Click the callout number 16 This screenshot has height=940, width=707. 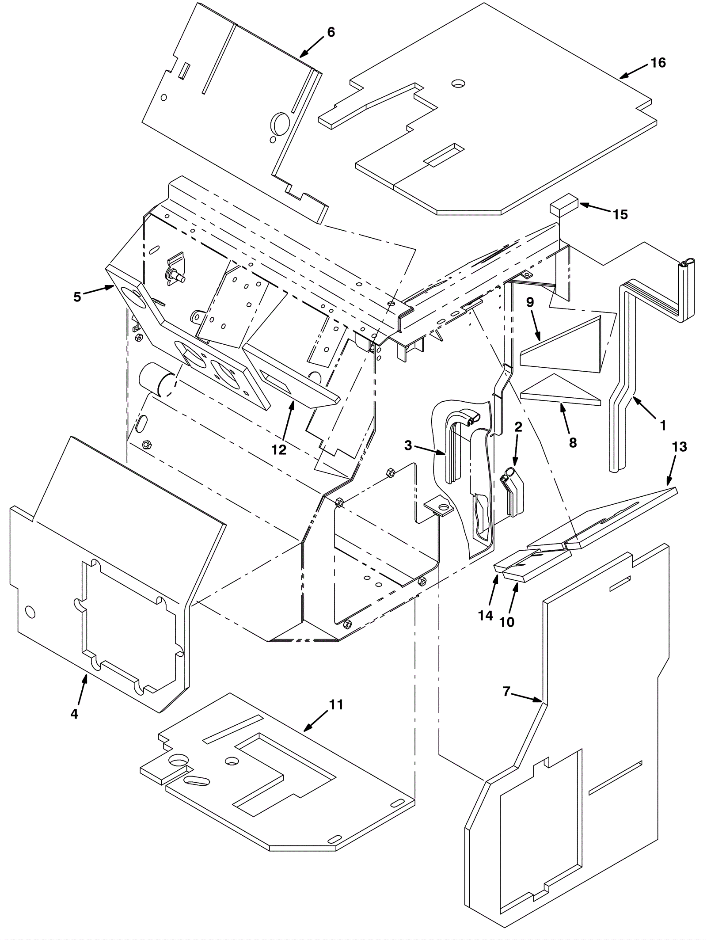658,63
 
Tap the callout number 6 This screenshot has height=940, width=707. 331,32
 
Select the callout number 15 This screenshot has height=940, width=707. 620,215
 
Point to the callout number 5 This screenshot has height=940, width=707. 77,297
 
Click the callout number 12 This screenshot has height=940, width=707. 279,450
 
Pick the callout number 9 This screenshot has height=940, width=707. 530,302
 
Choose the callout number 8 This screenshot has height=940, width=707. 573,443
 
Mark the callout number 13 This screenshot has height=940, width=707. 680,447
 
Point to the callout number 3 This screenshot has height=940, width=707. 408,446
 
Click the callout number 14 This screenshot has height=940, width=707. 486,616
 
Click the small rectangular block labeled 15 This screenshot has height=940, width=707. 564,207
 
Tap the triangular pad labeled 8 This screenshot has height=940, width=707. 560,389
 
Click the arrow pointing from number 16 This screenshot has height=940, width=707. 634,71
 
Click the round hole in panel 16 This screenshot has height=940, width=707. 458,83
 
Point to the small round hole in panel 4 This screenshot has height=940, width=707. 30,612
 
